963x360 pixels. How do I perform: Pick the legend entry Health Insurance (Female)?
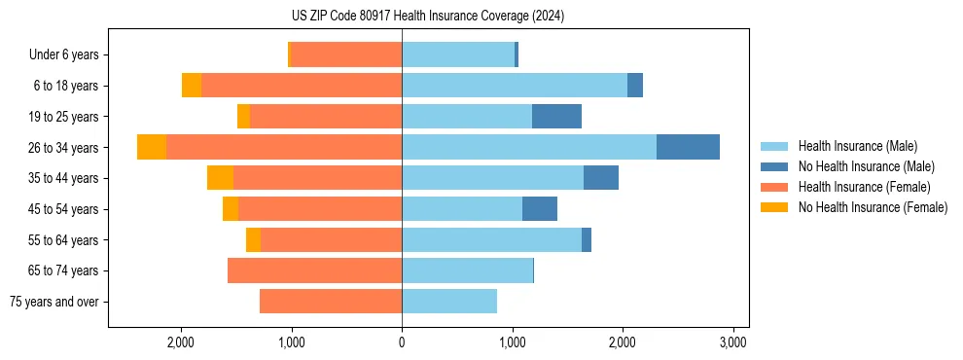click(857, 187)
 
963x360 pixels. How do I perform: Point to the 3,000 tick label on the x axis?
click(732, 342)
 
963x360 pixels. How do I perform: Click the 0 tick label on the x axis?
click(402, 342)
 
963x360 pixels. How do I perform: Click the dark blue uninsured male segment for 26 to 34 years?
click(688, 147)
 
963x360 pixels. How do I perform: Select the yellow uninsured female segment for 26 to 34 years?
click(152, 147)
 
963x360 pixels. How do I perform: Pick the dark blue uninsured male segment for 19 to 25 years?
click(556, 117)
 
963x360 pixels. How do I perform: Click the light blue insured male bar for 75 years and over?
click(449, 302)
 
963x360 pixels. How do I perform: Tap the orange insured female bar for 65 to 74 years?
click(314, 270)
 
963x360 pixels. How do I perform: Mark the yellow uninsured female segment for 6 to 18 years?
click(192, 86)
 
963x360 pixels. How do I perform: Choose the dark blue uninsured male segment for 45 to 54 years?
click(540, 209)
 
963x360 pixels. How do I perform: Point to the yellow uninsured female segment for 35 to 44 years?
click(220, 178)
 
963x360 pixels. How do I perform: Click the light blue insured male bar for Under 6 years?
click(458, 55)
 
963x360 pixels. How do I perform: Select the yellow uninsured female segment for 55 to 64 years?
click(253, 239)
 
